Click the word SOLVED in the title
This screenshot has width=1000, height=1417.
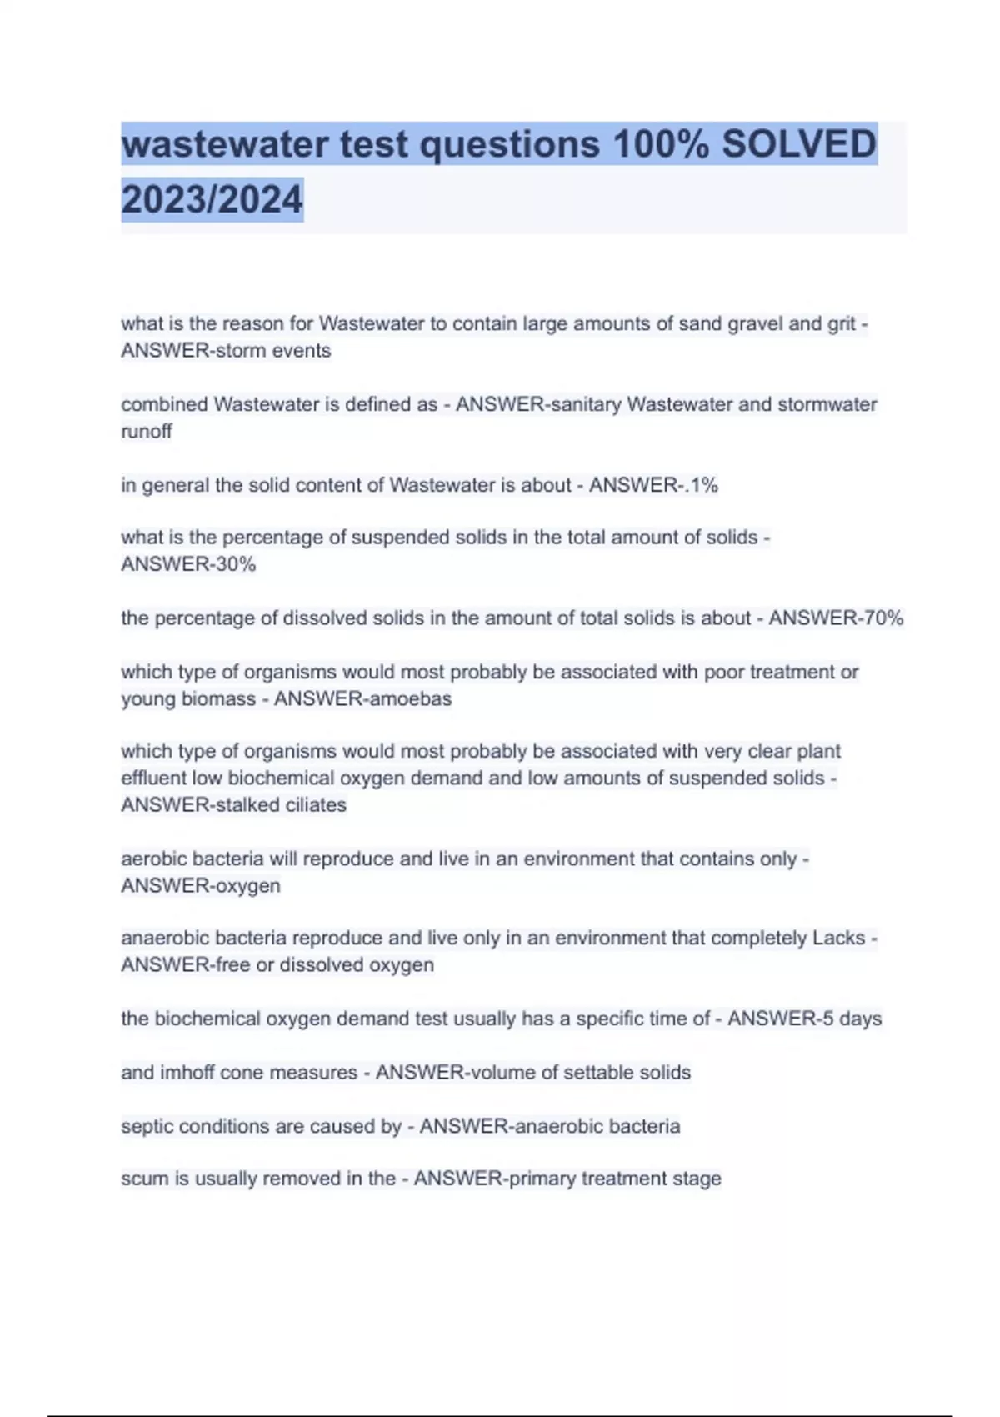tap(798, 144)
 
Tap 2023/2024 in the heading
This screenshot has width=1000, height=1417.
tap(212, 200)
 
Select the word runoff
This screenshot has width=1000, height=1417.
tap(147, 432)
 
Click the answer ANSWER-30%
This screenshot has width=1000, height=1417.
tap(188, 564)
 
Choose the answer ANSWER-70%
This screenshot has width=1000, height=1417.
tap(836, 618)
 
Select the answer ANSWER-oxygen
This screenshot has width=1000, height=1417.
tap(201, 885)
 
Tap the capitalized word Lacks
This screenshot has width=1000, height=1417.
tap(838, 938)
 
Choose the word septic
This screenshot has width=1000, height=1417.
tap(147, 1126)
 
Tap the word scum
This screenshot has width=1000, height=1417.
tap(144, 1179)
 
